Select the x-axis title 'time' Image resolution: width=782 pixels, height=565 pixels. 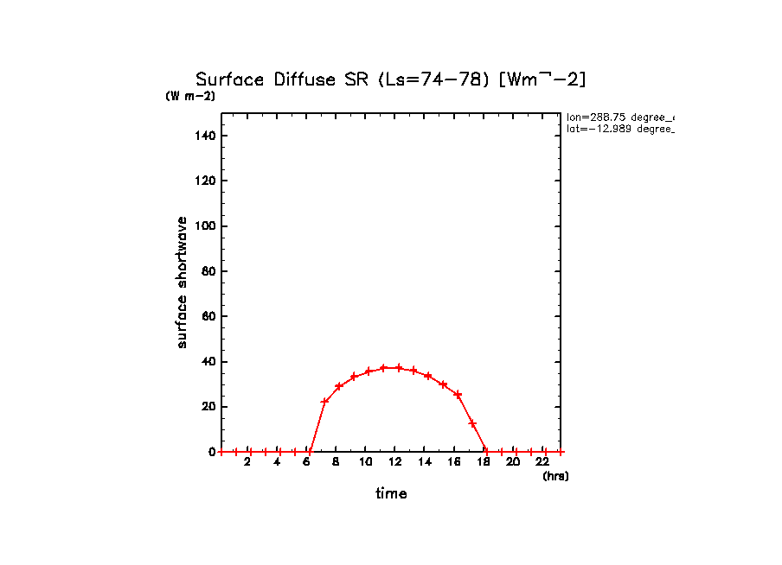coord(391,493)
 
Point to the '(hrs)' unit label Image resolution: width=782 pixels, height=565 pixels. coord(555,475)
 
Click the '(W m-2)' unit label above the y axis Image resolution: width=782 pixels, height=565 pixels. coord(190,96)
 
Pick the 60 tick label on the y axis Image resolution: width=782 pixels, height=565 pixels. coord(209,316)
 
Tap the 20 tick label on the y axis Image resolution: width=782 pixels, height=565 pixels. coord(209,407)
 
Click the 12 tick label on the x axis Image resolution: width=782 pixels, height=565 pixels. coord(394,462)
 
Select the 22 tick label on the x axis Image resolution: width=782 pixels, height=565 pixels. coord(542,462)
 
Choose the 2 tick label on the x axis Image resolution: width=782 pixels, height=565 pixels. coord(247,462)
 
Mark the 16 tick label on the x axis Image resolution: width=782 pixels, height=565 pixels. coord(454,462)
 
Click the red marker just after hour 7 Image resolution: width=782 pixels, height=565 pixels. coord(324,402)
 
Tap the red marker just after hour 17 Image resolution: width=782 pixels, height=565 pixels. coord(472,423)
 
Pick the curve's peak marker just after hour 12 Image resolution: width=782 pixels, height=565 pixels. coord(399,367)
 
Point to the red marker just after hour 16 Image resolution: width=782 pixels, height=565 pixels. coord(458,395)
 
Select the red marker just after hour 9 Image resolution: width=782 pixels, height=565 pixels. coord(354,377)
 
